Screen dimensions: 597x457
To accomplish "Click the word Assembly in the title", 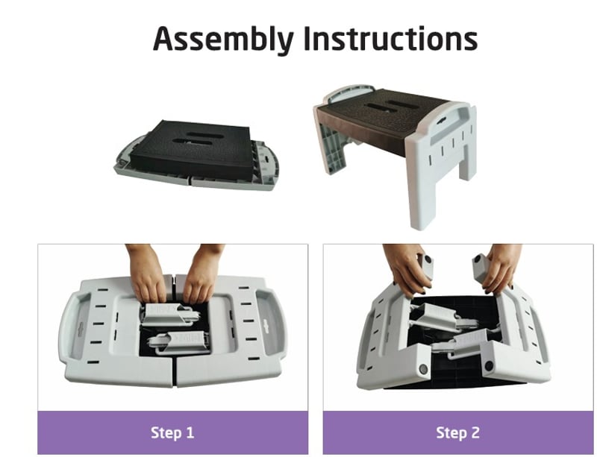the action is (223, 40).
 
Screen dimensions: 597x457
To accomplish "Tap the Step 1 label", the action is (172, 432).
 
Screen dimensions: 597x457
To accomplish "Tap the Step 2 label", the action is (457, 432).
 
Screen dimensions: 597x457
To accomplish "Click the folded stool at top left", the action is (197, 155).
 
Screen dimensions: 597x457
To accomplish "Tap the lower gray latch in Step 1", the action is (179, 341).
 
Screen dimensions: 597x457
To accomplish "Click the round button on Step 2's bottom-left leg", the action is (423, 368).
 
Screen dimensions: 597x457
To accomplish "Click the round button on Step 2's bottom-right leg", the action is (489, 366).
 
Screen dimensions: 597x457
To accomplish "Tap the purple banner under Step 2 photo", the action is (458, 432).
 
